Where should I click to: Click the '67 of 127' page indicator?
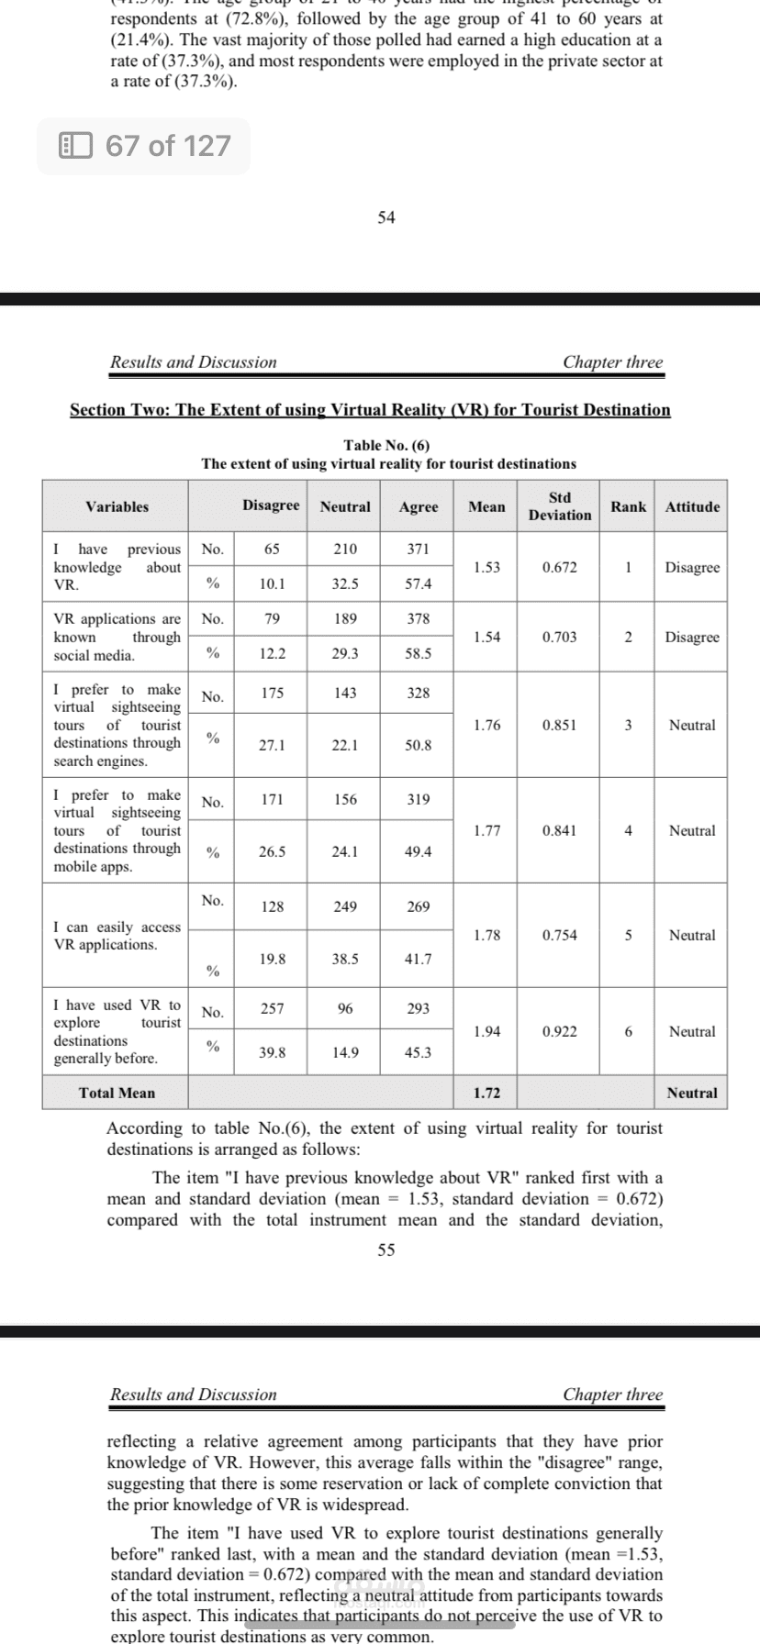point(144,146)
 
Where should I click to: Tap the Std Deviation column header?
point(559,506)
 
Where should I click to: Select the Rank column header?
point(628,506)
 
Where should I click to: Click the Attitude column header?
point(692,506)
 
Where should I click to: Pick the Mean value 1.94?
point(486,1031)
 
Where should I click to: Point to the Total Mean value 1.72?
point(486,1093)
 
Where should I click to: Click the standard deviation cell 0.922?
point(559,1031)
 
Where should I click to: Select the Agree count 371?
point(418,549)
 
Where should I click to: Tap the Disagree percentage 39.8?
point(272,1052)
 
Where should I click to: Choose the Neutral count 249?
point(345,906)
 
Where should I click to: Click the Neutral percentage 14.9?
point(345,1052)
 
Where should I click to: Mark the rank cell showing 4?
point(628,830)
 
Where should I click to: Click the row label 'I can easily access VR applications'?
point(117,936)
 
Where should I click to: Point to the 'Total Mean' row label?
point(117,1093)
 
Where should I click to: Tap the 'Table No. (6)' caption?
point(386,446)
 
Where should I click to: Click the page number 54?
point(386,217)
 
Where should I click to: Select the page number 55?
point(386,1250)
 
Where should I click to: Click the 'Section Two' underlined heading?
point(370,410)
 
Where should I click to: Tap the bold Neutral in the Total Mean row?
point(692,1093)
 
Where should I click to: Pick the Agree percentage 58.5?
point(418,653)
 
